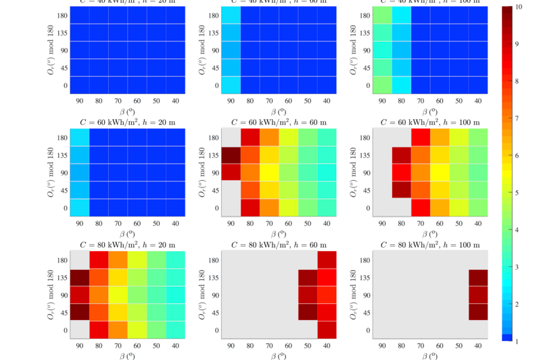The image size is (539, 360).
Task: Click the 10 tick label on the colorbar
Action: click(x=517, y=7)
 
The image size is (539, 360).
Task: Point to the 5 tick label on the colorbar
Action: click(x=517, y=192)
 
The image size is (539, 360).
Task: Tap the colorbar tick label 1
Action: click(x=517, y=342)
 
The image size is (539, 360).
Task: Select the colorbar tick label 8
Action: click(x=517, y=81)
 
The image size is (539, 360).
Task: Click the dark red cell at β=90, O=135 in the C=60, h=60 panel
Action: click(x=231, y=155)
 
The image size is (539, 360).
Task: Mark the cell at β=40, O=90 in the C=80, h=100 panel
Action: click(x=478, y=295)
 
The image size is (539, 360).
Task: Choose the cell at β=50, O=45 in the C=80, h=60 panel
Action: click(x=308, y=313)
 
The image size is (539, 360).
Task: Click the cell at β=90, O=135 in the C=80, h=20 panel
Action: click(x=80, y=277)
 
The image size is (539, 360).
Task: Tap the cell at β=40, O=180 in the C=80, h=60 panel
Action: click(x=327, y=260)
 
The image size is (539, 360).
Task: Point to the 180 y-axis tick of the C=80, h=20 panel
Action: click(x=60, y=260)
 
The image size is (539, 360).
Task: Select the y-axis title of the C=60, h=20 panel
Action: click(x=51, y=173)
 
